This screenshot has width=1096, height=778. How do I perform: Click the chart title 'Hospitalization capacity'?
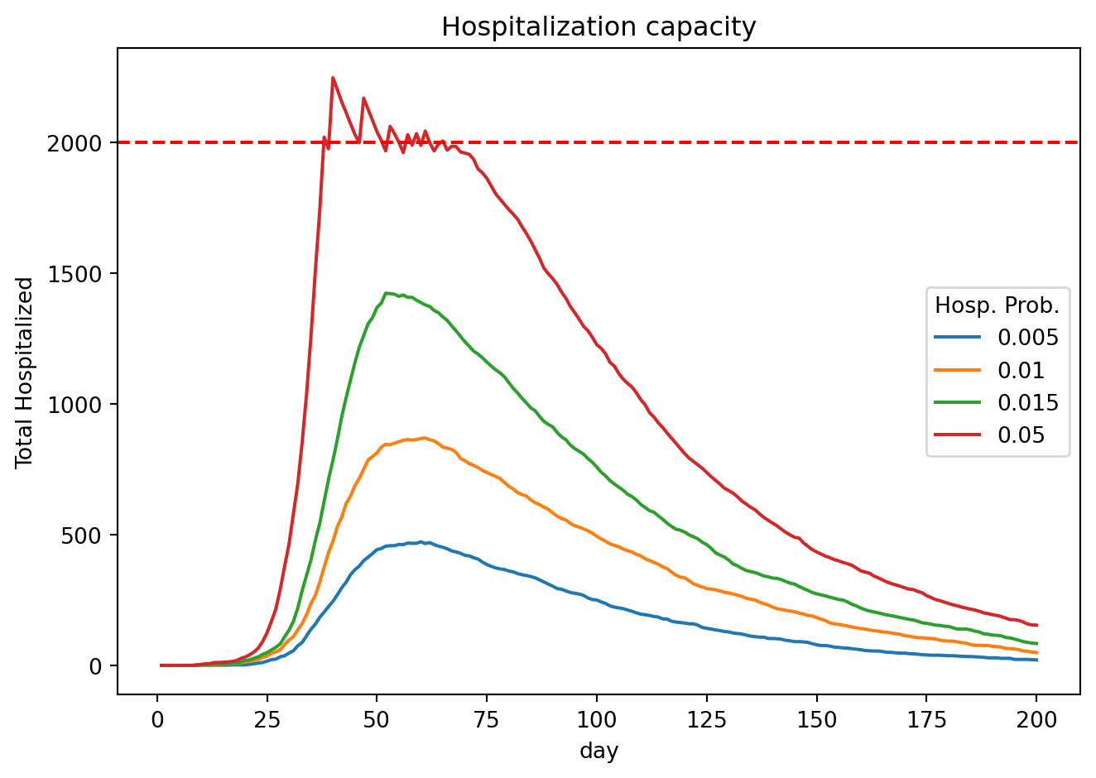598,27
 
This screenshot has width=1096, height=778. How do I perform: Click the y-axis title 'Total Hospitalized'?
25,372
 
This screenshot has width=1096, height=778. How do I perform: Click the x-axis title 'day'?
598,752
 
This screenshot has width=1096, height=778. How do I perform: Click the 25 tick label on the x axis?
267,720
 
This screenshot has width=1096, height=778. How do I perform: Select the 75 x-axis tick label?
487,720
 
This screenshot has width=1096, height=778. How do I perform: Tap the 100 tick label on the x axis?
596,720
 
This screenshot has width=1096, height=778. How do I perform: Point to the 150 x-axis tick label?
816,720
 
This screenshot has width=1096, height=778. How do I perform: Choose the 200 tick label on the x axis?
1036,720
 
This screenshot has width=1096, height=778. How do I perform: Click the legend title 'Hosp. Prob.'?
997,305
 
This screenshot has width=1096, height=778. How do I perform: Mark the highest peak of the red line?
333,78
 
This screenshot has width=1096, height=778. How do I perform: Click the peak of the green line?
386,293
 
